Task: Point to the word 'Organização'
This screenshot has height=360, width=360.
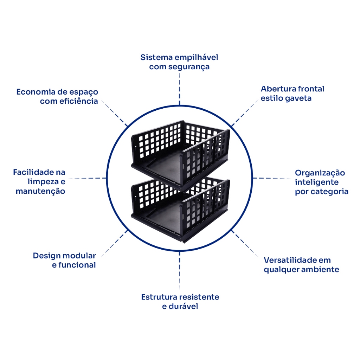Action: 320,173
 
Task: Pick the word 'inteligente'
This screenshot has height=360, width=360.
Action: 317,182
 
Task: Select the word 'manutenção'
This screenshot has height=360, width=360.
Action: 40,192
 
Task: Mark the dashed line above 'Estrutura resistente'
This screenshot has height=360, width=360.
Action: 180,271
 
